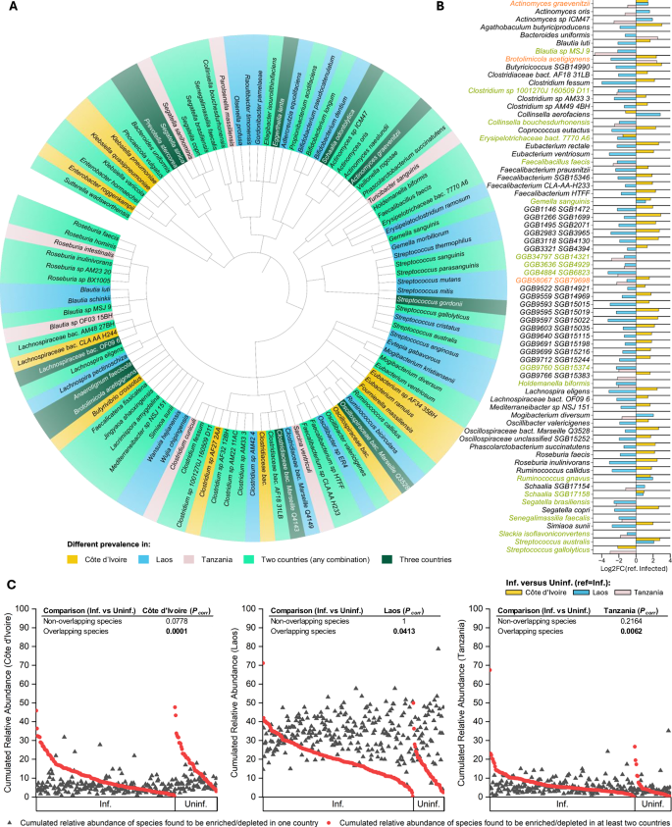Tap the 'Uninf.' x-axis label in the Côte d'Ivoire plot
[195, 804]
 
